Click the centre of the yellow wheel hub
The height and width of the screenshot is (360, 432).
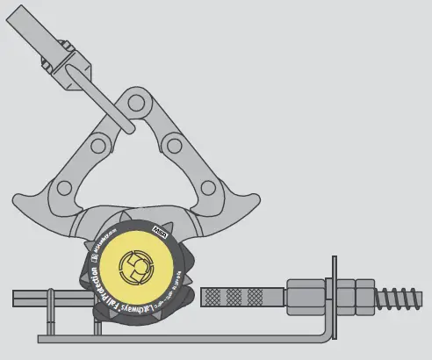pyautogui.click(x=136, y=270)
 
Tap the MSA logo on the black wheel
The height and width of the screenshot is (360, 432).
pyautogui.click(x=162, y=228)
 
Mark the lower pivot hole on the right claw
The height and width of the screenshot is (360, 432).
pyautogui.click(x=209, y=187)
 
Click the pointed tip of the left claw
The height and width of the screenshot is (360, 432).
pyautogui.click(x=20, y=195)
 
